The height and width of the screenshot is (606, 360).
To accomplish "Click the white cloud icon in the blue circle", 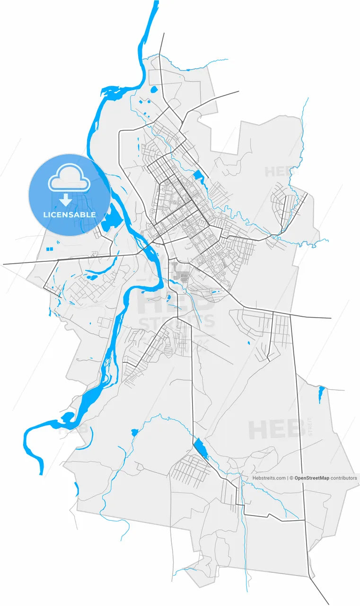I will coord(69,178).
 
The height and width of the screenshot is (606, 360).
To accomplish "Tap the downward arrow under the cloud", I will coord(66,201).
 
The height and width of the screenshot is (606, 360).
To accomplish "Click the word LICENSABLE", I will coord(70,214).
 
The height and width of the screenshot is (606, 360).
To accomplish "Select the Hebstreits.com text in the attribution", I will coord(269,478).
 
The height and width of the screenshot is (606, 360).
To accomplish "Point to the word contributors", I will coord(343,478).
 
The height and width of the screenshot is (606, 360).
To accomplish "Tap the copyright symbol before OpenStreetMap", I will coord(291,478).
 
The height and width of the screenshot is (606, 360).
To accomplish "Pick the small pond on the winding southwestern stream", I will coord(134,432).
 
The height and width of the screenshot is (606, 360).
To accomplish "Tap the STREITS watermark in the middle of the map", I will coord(176,322).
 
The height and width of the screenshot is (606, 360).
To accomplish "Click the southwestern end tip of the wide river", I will coord(42,472).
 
